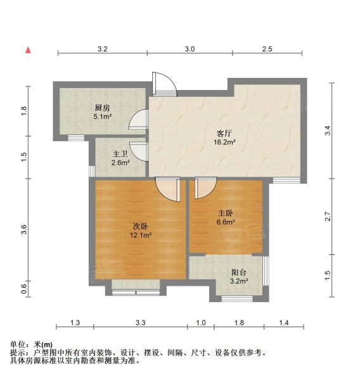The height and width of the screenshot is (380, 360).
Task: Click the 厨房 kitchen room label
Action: pos(103,108)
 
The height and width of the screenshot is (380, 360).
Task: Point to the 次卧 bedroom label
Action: pos(141,226)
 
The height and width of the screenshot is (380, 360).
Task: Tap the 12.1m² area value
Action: pos(141,236)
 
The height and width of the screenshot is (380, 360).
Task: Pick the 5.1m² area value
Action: pos(103,117)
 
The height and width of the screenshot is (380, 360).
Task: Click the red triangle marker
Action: pos(29,49)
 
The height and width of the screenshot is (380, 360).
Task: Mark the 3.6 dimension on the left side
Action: pos(24,230)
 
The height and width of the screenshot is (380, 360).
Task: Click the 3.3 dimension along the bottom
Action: pos(140,323)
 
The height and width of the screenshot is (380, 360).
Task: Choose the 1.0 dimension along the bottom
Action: pos(201,323)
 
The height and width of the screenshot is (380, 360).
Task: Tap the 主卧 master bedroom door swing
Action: pos(205,188)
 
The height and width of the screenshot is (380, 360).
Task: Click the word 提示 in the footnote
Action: pos(18,352)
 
